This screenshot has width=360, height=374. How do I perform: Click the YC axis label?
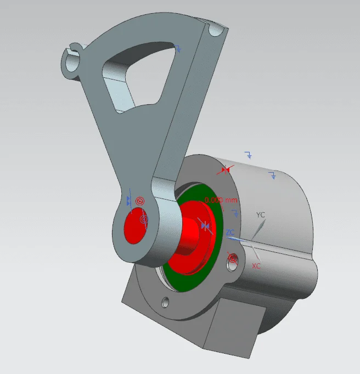point(261,215)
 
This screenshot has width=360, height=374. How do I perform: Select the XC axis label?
point(256,265)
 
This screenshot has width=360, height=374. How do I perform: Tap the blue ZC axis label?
point(230,233)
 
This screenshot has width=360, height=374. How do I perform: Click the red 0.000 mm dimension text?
point(221,200)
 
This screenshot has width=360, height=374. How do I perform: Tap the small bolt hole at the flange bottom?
point(165,302)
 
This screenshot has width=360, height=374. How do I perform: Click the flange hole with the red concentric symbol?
point(233,258)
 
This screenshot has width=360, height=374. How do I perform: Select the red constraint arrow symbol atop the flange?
point(225,171)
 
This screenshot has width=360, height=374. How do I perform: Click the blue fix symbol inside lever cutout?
point(179,49)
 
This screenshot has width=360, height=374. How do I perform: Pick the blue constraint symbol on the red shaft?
point(205,225)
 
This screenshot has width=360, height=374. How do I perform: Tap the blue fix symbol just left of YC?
point(235,213)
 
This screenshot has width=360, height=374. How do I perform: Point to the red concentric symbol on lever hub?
point(140,201)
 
